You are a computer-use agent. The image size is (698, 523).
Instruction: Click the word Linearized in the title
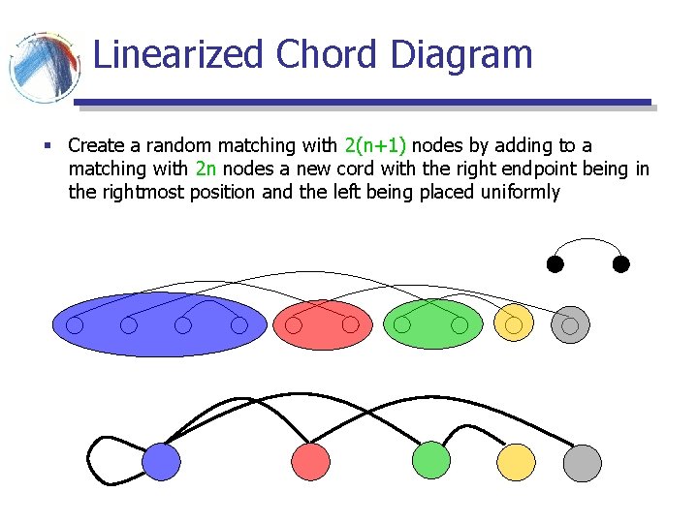point(178,54)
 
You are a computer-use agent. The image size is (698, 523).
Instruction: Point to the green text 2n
point(206,169)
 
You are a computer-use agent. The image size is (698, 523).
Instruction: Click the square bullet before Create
point(48,146)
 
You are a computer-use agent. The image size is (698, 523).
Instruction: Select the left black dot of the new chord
point(554,263)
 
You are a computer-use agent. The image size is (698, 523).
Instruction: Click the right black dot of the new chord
point(621,263)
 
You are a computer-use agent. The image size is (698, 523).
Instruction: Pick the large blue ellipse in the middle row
point(158,324)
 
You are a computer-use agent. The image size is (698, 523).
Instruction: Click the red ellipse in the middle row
point(322,324)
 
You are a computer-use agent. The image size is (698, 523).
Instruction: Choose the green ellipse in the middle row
point(432,324)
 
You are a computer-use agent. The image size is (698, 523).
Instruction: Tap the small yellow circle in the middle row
point(514,324)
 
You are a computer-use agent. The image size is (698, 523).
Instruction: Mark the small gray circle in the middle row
point(570,325)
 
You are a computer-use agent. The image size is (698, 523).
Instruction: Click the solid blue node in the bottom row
point(162,461)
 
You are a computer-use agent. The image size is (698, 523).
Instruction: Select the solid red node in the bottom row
point(311,461)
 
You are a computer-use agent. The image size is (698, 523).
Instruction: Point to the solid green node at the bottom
point(431,460)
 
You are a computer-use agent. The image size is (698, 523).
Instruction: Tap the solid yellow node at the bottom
point(516,462)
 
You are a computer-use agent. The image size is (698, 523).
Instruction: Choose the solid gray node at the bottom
point(583,462)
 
